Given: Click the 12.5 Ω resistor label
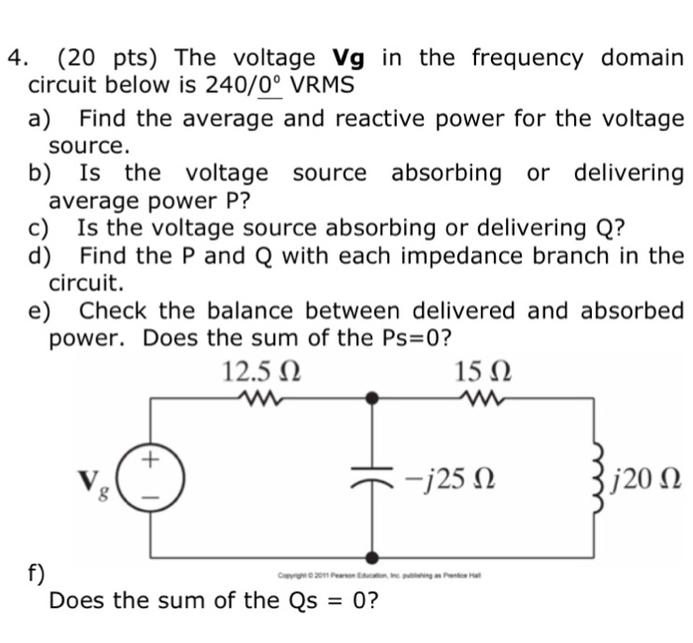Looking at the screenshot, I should point(260,374).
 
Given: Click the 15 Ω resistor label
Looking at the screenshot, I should point(482,374).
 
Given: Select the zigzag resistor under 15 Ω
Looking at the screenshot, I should point(482,400).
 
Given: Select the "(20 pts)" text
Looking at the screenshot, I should point(107,56).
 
